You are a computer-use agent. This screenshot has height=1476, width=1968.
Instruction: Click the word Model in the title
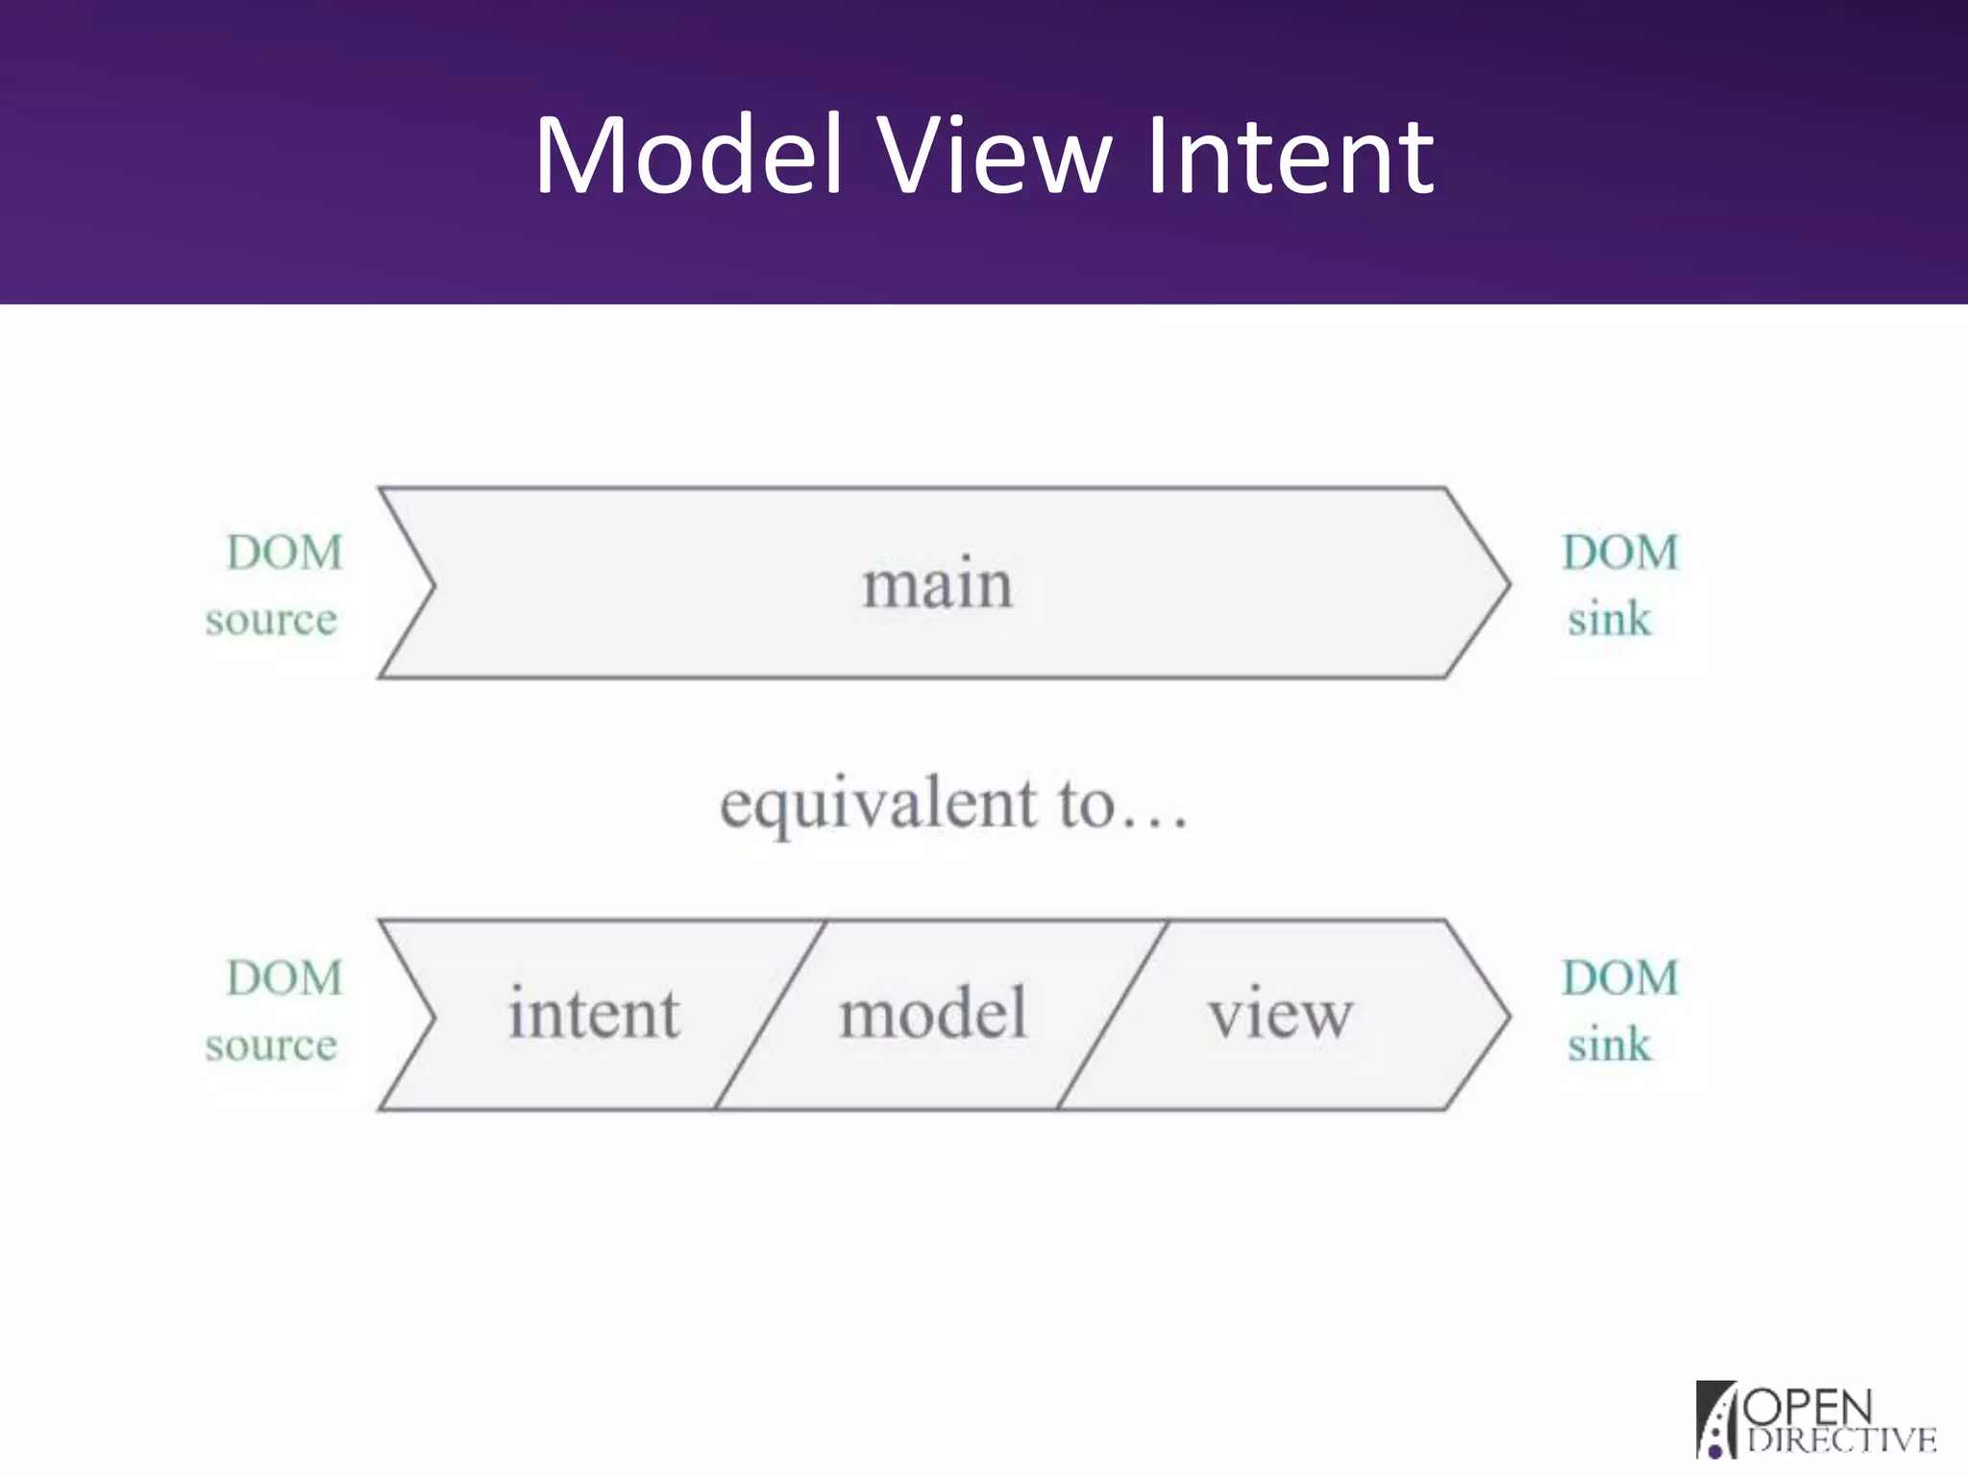[688, 156]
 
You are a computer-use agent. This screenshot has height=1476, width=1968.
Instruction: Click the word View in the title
[996, 156]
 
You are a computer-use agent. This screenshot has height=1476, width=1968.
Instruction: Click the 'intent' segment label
[593, 1014]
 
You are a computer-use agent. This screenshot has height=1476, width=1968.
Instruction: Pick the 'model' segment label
[932, 1014]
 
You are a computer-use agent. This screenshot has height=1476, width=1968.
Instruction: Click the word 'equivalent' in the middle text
[878, 805]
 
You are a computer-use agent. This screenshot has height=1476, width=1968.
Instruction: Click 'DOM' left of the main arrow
[284, 553]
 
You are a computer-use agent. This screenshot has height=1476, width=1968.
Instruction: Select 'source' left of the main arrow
[271, 620]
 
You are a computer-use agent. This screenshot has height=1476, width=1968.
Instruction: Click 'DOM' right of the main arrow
[1620, 553]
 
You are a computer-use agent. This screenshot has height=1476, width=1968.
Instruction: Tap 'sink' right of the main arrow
[1609, 620]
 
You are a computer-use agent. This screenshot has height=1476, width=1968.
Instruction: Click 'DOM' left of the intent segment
[284, 978]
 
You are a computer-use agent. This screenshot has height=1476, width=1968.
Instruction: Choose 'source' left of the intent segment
[271, 1045]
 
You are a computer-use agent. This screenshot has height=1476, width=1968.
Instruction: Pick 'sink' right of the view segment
[1609, 1045]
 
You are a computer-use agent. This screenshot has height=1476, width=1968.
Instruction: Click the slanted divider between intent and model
[771, 1015]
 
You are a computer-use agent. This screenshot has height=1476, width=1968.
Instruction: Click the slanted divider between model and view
[1113, 1015]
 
